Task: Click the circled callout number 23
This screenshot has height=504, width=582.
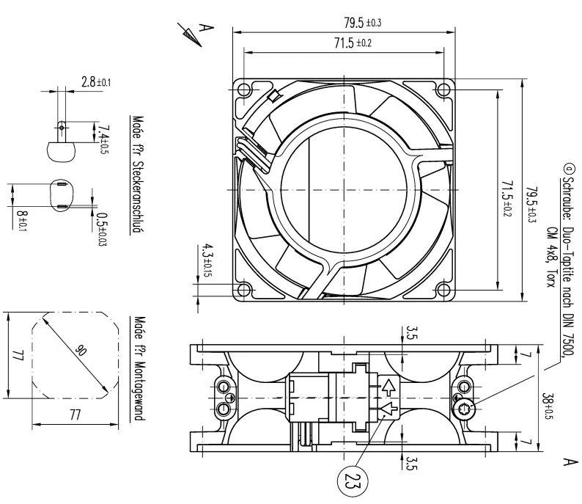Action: tap(353, 481)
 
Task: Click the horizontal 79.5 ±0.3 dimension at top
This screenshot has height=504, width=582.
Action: tap(363, 23)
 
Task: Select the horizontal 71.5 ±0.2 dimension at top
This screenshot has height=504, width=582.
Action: tap(353, 43)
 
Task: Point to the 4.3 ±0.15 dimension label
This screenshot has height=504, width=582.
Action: tap(207, 260)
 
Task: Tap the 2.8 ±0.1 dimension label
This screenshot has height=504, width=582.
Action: tap(96, 81)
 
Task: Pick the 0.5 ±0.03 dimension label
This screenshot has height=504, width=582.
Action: tap(102, 229)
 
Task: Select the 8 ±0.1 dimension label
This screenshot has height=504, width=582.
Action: tap(23, 219)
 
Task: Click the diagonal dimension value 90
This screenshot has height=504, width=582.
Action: tap(79, 350)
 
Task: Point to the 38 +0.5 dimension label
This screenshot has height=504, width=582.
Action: tap(548, 406)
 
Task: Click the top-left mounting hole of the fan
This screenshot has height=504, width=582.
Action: tap(245, 90)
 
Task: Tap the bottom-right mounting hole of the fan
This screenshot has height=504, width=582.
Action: tap(443, 289)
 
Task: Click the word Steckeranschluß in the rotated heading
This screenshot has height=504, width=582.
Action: tap(138, 197)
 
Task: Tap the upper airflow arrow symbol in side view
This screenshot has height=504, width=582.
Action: tap(388, 387)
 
